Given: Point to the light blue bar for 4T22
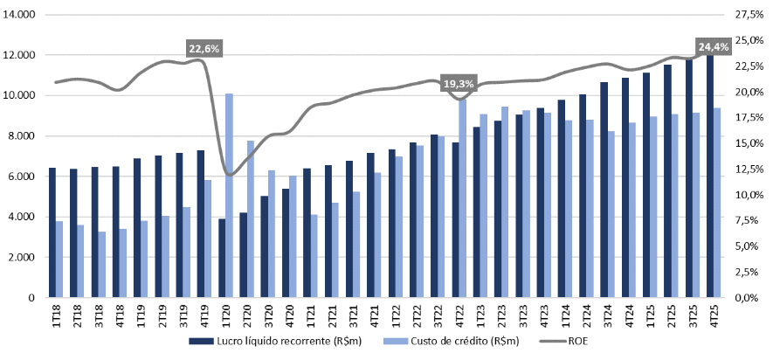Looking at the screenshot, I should point(463,197).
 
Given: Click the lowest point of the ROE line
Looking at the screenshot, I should point(230,175).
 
